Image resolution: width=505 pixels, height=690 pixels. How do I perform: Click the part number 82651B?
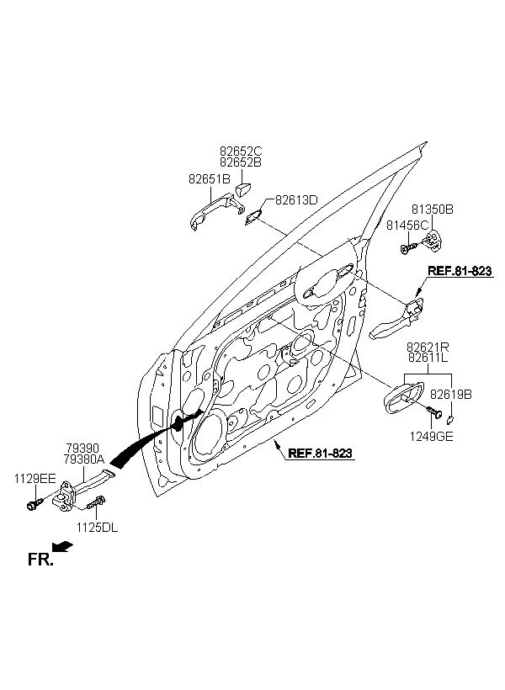coord(209,179)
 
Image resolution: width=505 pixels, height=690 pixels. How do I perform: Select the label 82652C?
coord(241,151)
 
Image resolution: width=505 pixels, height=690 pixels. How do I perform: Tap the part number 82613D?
coord(296,199)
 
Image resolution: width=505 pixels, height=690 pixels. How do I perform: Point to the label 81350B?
coord(432,209)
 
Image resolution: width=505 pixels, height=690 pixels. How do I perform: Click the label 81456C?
coord(407,225)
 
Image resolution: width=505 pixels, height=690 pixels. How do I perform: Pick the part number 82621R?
coord(428,348)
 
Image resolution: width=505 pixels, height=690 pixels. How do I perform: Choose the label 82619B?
coord(450,395)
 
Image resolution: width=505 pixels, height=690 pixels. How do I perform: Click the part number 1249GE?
coord(431,436)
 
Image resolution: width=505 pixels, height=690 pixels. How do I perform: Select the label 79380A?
coord(84,459)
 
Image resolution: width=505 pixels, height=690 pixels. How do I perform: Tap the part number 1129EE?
coord(35,478)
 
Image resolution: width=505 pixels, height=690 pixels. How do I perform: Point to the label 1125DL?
coord(97,528)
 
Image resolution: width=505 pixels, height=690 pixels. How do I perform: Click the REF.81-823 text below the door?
coord(320,453)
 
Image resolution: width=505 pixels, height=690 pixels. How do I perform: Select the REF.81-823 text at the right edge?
coord(460,271)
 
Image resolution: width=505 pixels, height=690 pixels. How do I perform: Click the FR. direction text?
coord(40,560)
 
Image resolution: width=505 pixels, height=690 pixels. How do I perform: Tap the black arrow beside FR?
coord(62,546)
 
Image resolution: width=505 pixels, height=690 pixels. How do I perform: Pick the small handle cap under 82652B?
coord(242,189)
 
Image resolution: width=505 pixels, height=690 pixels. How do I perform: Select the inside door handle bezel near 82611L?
coord(403,398)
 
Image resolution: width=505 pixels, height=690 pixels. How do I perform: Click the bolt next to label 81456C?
coord(408,248)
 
